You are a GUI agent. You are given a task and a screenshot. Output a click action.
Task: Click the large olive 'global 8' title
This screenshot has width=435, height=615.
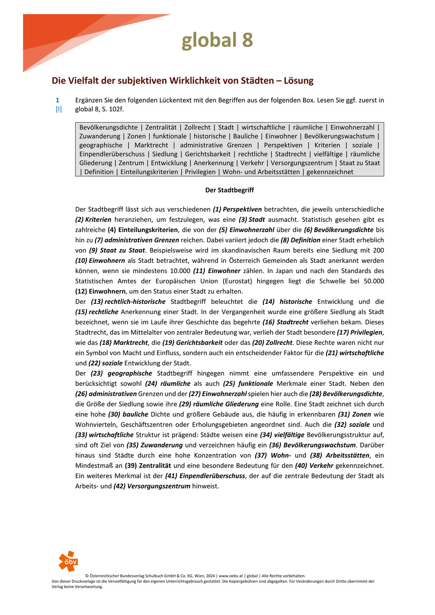click(x=217, y=41)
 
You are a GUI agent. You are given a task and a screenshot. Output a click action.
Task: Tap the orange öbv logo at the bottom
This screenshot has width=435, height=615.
click(x=68, y=561)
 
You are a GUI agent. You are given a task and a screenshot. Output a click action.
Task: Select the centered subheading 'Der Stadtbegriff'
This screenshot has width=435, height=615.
click(x=229, y=190)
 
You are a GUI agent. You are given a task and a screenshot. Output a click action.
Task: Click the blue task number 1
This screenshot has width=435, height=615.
click(x=58, y=100)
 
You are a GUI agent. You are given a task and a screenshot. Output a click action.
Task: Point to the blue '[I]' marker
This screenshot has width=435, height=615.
click(x=58, y=109)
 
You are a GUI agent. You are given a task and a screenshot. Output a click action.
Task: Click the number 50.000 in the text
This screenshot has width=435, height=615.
click(x=371, y=281)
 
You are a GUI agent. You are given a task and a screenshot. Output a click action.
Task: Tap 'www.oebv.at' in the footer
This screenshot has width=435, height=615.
click(x=231, y=576)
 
